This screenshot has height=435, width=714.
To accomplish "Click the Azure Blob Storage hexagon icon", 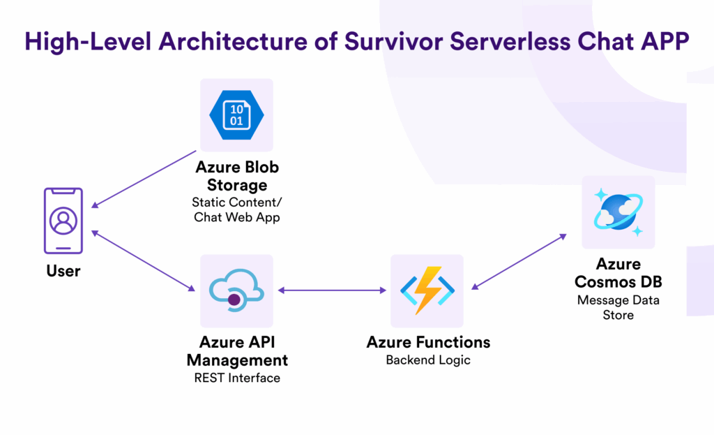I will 236,115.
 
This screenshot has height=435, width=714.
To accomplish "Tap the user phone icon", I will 63,221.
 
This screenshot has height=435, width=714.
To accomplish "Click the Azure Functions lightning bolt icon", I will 427,290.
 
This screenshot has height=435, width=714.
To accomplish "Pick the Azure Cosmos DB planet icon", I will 618,212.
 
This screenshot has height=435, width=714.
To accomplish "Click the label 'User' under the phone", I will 63,271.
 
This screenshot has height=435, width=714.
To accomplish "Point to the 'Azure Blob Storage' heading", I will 237,177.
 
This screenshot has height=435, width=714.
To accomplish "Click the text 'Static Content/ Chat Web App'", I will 237,209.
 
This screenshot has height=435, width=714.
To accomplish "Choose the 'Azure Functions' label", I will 428,342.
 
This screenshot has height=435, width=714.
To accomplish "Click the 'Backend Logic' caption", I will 428,360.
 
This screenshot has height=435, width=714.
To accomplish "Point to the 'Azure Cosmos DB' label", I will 618,274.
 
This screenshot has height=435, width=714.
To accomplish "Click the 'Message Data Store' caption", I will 618,307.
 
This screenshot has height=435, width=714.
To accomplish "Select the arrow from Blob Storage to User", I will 144,179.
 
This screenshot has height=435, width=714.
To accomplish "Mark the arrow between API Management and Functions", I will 332,290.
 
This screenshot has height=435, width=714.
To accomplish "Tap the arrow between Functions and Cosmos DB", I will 519,260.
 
